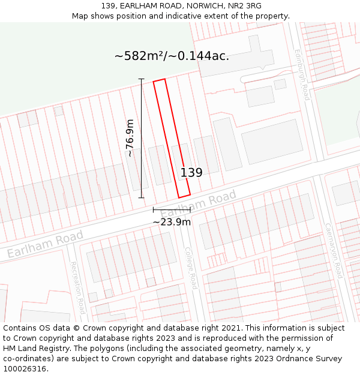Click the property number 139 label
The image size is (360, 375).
click(x=191, y=173)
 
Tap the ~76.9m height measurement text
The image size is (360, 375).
click(x=130, y=139)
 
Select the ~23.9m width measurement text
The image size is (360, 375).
click(x=172, y=222)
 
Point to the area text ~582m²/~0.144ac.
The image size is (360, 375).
click(x=172, y=56)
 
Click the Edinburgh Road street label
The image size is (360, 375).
click(x=302, y=74)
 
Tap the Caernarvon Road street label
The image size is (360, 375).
click(x=333, y=251)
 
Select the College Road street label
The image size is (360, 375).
click(x=191, y=268)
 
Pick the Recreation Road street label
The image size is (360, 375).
click(x=78, y=287)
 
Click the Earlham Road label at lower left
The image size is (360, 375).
click(x=45, y=245)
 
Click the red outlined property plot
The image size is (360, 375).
click(x=172, y=139)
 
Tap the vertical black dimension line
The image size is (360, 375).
click(x=142, y=138)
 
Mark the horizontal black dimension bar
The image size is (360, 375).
click(x=172, y=209)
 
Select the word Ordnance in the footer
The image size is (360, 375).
click(x=288, y=358)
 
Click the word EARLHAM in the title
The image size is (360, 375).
click(x=139, y=6)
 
